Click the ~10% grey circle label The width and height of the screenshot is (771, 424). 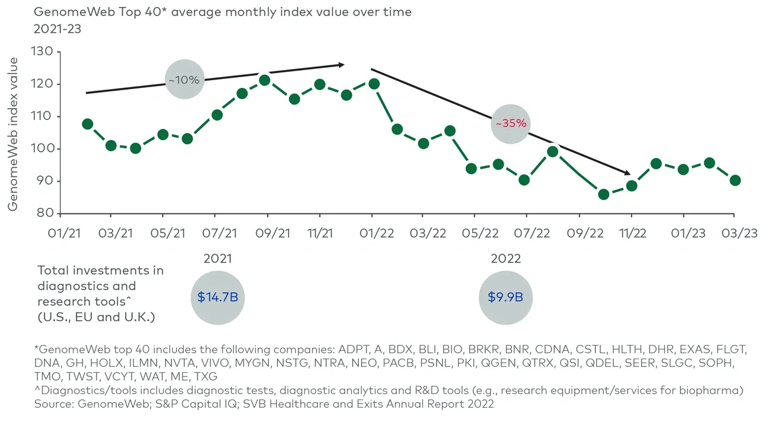click(184, 80)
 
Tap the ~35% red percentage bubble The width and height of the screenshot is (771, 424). click(511, 124)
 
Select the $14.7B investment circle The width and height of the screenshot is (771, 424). click(217, 297)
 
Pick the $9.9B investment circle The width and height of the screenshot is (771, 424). click(505, 297)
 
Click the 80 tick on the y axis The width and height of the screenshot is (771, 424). click(61, 213)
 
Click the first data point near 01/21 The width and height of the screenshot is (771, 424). click(87, 124)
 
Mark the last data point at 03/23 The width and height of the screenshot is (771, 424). click(735, 181)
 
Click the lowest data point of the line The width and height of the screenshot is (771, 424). click(604, 194)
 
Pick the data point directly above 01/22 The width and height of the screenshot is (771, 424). click(374, 84)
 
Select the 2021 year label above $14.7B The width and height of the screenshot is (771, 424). click(217, 259)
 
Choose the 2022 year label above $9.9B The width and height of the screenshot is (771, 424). click(505, 259)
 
